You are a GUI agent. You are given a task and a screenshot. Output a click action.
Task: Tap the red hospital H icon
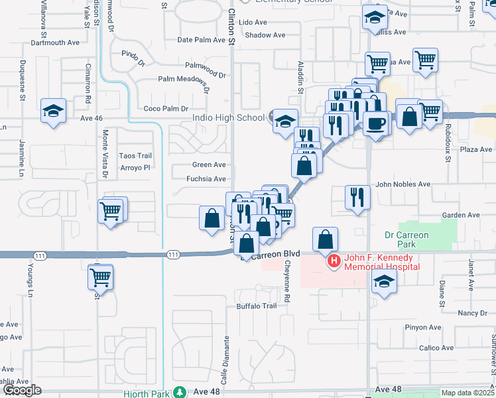coord(334,261)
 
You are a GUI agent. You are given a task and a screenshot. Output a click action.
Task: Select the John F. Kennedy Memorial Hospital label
coord(381,262)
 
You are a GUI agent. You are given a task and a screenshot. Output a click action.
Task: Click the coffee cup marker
coord(376,123)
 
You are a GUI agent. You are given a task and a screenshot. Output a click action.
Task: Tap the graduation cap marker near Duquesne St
coord(53,110)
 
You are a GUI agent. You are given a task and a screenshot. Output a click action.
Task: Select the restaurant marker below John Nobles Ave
coord(357,197)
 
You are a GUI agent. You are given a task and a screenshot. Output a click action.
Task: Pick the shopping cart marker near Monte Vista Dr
coord(111,212)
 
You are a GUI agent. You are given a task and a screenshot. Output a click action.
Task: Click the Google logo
coord(22,391)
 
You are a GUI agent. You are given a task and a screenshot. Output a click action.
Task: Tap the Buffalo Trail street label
coord(257,306)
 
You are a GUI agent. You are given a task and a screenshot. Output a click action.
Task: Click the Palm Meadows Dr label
coord(183,80)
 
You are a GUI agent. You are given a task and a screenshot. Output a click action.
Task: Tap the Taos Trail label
coord(131,155)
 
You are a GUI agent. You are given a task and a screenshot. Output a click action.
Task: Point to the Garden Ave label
coord(460,215)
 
